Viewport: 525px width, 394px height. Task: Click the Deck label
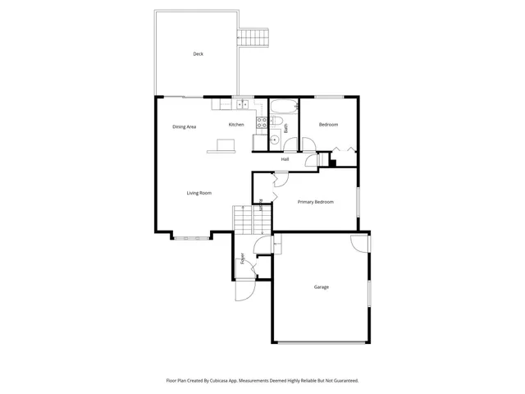tap(198, 54)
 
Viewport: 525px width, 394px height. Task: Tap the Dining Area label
tap(184, 127)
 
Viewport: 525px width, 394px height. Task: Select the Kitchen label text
tap(236, 125)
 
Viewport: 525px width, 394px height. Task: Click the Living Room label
tap(199, 193)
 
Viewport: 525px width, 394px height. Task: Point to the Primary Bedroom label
tap(315, 201)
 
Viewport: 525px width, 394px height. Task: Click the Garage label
tap(321, 287)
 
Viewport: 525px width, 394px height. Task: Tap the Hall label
tap(285, 159)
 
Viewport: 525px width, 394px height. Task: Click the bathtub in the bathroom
tap(283, 106)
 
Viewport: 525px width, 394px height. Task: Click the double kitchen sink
tap(242, 105)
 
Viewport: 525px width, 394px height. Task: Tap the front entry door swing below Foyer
tap(244, 291)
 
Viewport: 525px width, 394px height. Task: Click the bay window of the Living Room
tap(190, 236)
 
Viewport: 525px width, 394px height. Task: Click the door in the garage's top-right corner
tap(359, 242)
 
